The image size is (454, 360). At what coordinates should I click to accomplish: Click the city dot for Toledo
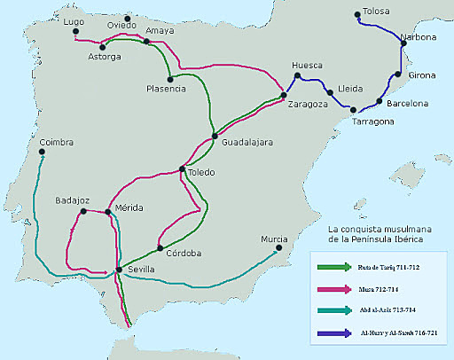point(182,169)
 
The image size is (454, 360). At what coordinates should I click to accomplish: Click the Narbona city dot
point(406,48)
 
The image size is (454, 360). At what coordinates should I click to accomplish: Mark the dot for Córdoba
point(160,248)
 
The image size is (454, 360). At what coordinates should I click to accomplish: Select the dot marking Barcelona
point(380,101)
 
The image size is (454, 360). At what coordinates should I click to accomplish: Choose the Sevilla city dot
point(119,270)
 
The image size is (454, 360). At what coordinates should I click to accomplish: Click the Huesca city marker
point(295,77)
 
